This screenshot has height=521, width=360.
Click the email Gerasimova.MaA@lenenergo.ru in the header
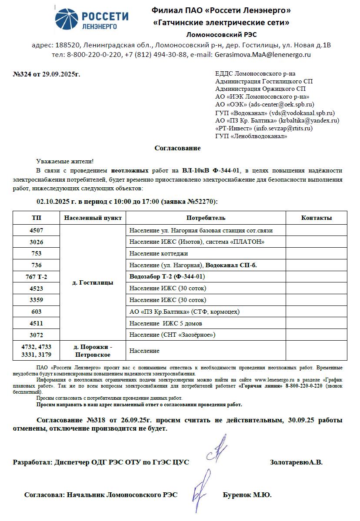263,55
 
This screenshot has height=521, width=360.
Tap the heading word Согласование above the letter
177,148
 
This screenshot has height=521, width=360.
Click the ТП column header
37,218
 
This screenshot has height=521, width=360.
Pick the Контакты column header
316,218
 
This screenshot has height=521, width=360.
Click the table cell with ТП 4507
37,230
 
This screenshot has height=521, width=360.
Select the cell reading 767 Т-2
37,277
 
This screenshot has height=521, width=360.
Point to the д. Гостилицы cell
93,282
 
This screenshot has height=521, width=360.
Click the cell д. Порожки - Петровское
93,351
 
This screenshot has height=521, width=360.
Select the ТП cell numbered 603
37,312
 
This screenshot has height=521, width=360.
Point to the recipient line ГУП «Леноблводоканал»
251,136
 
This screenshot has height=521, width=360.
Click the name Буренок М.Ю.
247,495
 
